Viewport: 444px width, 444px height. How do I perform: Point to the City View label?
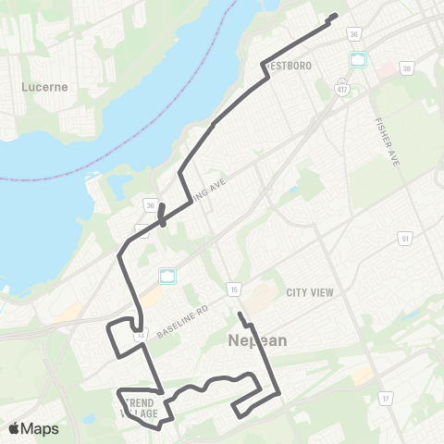[309, 292]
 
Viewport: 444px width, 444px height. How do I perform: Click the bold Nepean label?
[257, 340]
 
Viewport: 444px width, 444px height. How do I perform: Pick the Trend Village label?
[139, 407]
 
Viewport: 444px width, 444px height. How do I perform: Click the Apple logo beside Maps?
[15, 428]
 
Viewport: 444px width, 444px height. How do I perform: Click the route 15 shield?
[236, 290]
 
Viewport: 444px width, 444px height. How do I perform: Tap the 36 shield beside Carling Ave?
[149, 204]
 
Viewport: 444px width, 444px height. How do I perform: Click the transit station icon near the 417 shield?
[358, 59]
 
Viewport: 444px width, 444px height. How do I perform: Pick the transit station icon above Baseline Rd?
[167, 275]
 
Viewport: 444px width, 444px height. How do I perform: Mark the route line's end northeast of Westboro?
[333, 15]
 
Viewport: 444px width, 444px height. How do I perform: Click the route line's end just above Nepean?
[239, 314]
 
